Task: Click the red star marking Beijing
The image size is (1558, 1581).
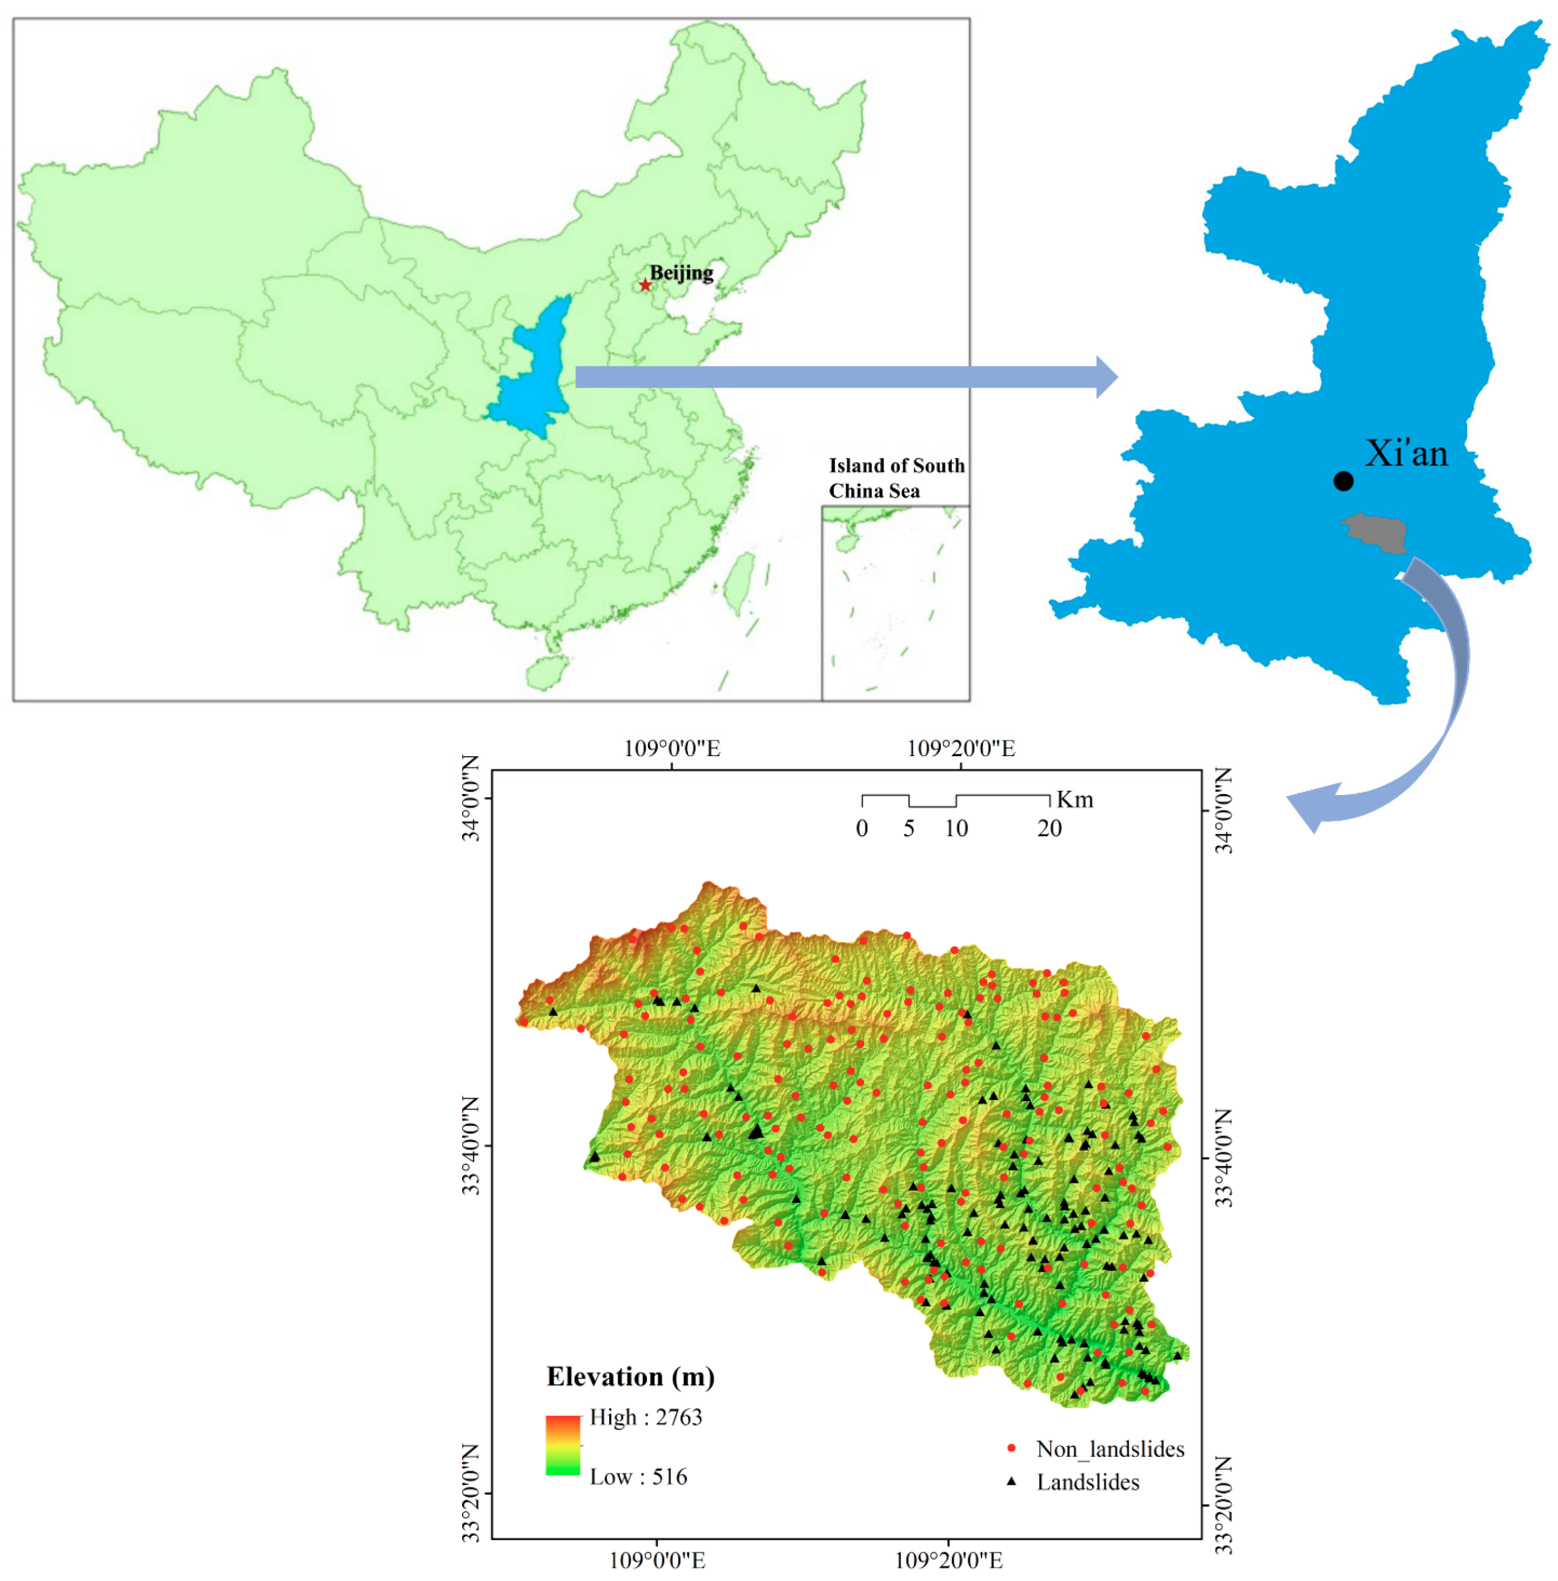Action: [x=646, y=285]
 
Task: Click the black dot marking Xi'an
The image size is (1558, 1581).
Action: [x=1343, y=481]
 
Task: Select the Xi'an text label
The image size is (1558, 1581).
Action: [x=1406, y=454]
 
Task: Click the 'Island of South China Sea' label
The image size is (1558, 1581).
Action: [x=896, y=478]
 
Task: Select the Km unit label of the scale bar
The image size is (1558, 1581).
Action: [x=1074, y=800]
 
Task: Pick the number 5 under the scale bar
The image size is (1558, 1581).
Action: [x=908, y=829]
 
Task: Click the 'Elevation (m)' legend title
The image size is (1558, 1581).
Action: [x=630, y=1377]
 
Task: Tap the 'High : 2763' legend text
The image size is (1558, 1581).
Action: [x=646, y=1417]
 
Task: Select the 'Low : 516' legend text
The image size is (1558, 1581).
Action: [x=638, y=1477]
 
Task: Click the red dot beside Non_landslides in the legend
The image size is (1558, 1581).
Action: [x=1011, y=1448]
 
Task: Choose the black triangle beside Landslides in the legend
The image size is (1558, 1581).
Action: [x=1011, y=1481]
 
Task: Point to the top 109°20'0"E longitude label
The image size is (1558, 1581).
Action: [x=961, y=749]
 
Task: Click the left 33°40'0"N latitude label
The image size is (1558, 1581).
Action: [x=471, y=1146]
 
